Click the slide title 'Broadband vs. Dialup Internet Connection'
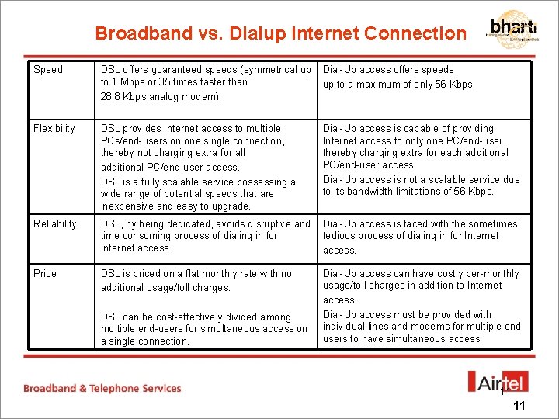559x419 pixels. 280,33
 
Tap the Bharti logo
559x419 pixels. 513,29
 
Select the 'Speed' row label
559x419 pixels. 48,70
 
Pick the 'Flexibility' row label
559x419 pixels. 54,129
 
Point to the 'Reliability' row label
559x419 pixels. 55,224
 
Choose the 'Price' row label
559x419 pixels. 45,274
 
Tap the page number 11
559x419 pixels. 519,406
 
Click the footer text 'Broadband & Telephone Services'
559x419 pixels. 102,388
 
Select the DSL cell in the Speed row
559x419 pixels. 206,82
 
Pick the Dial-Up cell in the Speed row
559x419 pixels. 399,77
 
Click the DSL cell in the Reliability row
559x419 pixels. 206,236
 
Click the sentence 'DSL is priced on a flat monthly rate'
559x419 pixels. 196,280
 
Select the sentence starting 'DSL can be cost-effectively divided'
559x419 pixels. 204,329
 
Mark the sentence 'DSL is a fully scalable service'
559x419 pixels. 198,194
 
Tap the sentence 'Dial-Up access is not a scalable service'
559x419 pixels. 422,185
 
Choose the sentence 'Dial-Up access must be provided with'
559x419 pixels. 422,327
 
